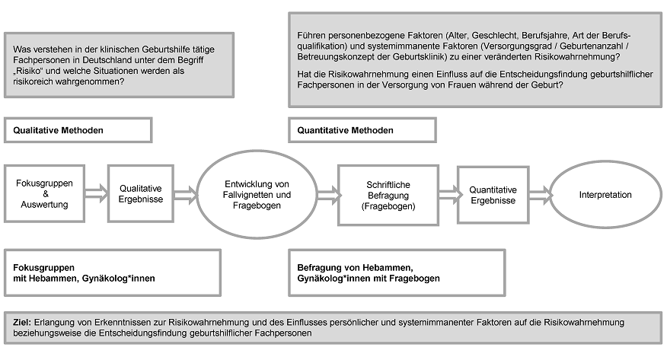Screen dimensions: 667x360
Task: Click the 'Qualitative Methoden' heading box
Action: click(78, 130)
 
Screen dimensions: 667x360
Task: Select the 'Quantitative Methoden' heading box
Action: click(362, 130)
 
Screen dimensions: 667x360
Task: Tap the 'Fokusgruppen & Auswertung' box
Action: click(45, 194)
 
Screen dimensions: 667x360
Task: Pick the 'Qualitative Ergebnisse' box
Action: click(141, 194)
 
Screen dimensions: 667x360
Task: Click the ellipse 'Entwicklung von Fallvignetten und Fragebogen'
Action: click(257, 195)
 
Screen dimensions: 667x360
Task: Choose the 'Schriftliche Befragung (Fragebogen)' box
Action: click(388, 196)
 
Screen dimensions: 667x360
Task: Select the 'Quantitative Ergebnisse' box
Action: click(493, 195)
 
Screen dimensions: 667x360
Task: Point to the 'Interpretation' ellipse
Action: click(605, 195)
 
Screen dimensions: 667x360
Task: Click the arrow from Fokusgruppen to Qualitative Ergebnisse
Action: click(97, 194)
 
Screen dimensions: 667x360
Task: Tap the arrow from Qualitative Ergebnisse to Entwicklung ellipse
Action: click(186, 195)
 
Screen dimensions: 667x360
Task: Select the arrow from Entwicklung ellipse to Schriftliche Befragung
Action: click(329, 195)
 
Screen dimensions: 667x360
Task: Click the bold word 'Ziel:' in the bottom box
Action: click(22, 322)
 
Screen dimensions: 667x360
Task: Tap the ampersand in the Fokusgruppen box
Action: click(46, 194)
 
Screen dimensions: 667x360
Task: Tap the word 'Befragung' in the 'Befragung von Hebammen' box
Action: click(318, 268)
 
